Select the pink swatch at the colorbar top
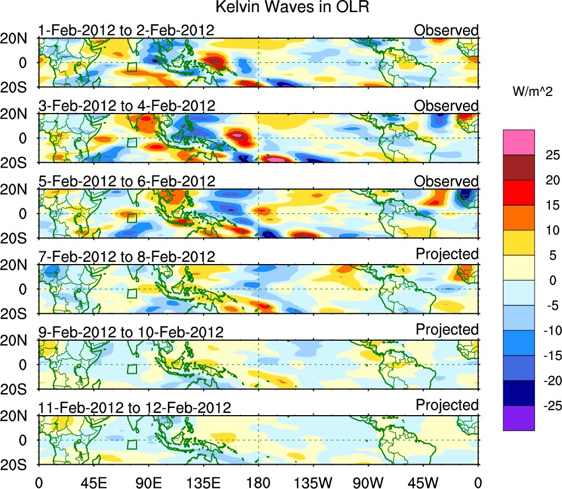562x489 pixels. click(518, 142)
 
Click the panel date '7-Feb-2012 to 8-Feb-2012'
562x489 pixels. click(126, 256)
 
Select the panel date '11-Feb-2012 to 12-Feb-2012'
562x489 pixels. click(134, 407)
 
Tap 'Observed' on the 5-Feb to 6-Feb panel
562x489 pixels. click(446, 181)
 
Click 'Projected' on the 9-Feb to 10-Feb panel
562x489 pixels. click(447, 329)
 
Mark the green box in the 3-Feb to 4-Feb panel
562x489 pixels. click(132, 143)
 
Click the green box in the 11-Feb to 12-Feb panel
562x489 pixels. click(132, 445)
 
